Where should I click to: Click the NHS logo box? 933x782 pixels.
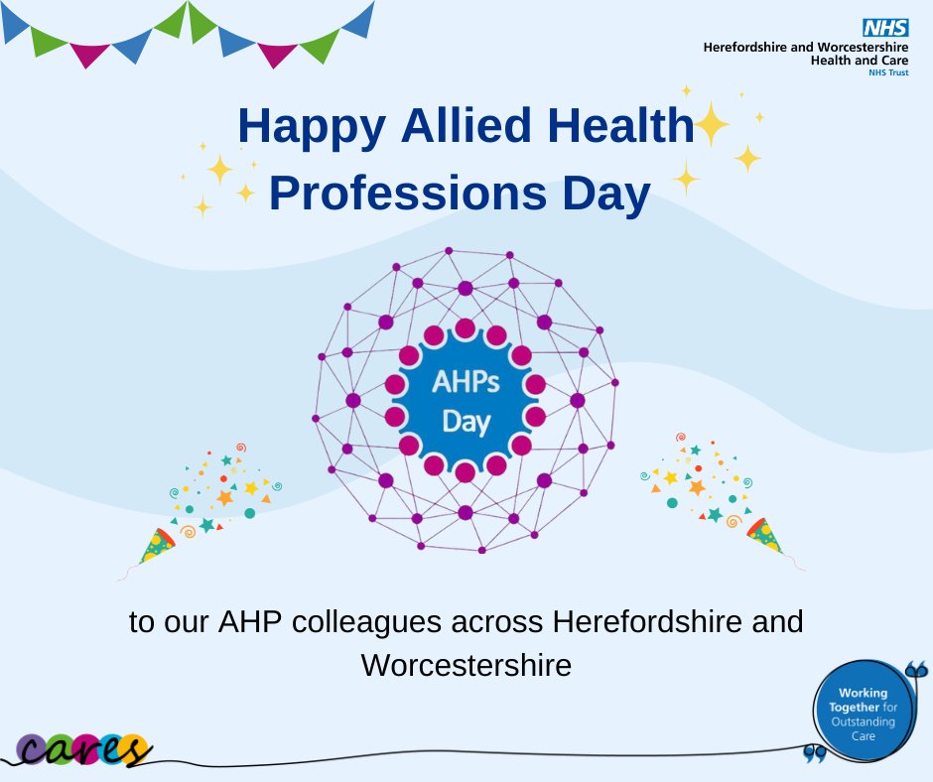[x=886, y=28]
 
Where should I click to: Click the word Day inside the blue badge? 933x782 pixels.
[x=466, y=422]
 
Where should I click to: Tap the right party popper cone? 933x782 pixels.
[x=764, y=535]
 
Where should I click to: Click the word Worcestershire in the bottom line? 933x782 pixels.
[x=466, y=664]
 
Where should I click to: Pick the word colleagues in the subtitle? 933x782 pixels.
[x=347, y=624]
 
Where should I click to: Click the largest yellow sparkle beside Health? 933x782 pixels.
[x=710, y=124]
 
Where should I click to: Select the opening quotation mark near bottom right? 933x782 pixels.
[x=816, y=756]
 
